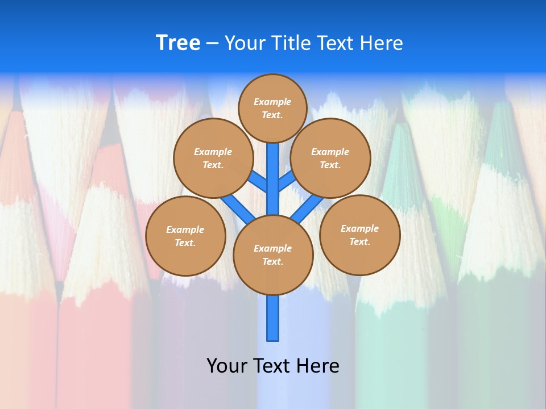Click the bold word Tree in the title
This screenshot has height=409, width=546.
click(178, 43)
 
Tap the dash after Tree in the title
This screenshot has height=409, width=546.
click(212, 44)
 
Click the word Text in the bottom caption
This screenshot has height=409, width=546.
click(274, 365)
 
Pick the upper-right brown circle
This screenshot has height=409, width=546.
click(330, 158)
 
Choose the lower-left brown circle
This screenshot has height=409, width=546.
click(185, 236)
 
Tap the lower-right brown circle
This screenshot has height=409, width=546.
click(359, 235)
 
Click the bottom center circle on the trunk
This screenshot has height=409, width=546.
click(273, 254)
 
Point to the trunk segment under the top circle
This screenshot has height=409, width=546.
click(273, 170)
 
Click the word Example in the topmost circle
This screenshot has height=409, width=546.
click(272, 102)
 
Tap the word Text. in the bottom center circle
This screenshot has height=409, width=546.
click(272, 261)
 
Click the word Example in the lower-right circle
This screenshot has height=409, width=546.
click(359, 228)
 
